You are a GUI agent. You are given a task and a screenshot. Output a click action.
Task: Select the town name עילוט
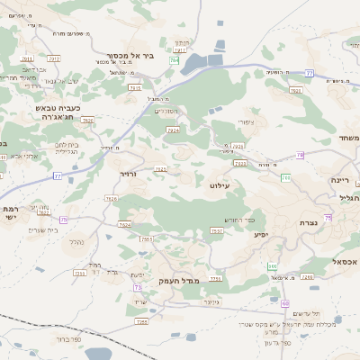(220, 184)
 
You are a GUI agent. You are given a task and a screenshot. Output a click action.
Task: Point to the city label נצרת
(310, 221)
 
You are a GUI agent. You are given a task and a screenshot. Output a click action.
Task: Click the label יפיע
(260, 234)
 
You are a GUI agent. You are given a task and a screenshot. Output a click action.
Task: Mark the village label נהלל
(76, 241)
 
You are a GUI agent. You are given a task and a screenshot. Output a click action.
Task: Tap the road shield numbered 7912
(53, 58)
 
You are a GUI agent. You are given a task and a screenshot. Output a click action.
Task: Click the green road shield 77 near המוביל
(309, 71)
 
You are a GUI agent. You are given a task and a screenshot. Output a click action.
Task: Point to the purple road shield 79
(300, 156)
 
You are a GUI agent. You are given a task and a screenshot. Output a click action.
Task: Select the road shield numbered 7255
(79, 272)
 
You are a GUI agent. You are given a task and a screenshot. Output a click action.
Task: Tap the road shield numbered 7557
(216, 231)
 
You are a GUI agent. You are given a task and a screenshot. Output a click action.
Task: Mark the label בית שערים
(42, 229)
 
